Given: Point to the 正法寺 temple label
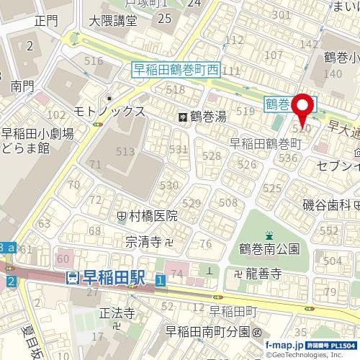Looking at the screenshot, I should coord(116,313).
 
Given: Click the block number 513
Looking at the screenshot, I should coord(125,152).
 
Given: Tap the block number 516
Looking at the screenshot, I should coord(94,61).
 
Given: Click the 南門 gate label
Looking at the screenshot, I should coord(22,86).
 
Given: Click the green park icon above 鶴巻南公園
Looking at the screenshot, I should coord(269,235).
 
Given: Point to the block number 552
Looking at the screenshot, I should coord(328,230).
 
